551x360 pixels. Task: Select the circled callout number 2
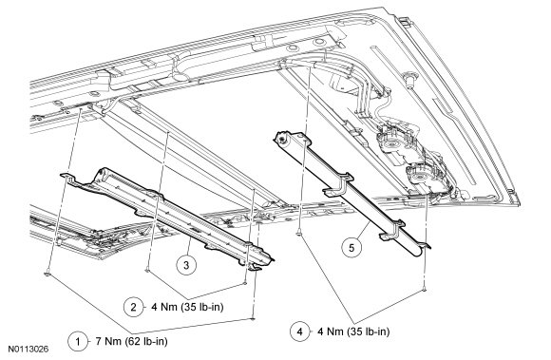pyautogui.click(x=133, y=307)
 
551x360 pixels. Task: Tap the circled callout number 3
pyautogui.click(x=186, y=265)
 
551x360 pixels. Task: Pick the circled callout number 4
pyautogui.click(x=300, y=332)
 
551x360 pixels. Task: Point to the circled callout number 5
pyautogui.click(x=351, y=248)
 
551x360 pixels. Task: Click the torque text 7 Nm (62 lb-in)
pyautogui.click(x=131, y=341)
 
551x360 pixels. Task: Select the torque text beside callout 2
pyautogui.click(x=187, y=307)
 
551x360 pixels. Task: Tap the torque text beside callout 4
pyautogui.click(x=353, y=332)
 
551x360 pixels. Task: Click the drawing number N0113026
pyautogui.click(x=28, y=350)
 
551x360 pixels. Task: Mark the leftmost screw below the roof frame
pyautogui.click(x=47, y=274)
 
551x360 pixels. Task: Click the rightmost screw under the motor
pyautogui.click(x=425, y=289)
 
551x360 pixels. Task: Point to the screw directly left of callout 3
pyautogui.click(x=147, y=270)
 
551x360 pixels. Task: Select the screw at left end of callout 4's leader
pyautogui.click(x=299, y=233)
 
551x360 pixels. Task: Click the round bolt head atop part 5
pyautogui.click(x=281, y=141)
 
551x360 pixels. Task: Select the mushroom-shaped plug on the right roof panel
pyautogui.click(x=408, y=79)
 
